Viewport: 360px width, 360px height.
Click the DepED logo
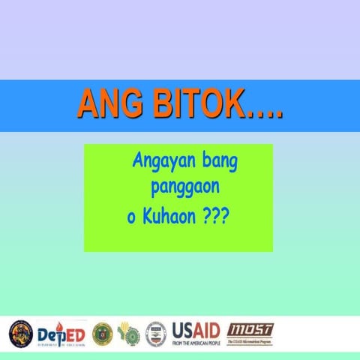click(61, 334)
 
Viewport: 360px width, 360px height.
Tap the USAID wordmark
click(196, 329)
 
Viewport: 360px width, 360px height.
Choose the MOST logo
click(250, 330)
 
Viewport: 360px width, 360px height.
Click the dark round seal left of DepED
click(20, 334)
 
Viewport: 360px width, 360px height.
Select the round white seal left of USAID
click(156, 334)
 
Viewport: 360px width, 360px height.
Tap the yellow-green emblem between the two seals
click(129, 334)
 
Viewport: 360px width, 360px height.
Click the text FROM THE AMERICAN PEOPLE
click(196, 343)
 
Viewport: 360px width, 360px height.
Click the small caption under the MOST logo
click(250, 342)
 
